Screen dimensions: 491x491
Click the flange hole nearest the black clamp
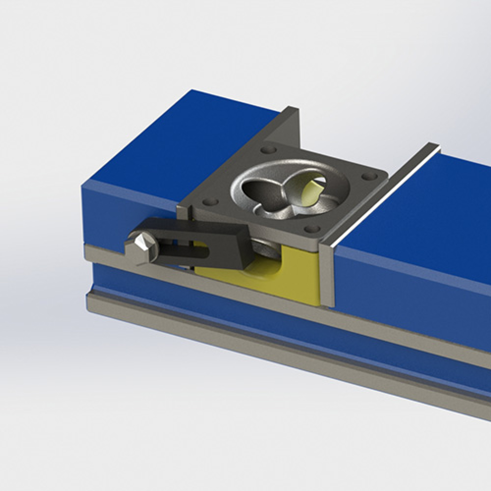[210, 202]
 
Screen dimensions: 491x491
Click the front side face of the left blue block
[127, 211]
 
